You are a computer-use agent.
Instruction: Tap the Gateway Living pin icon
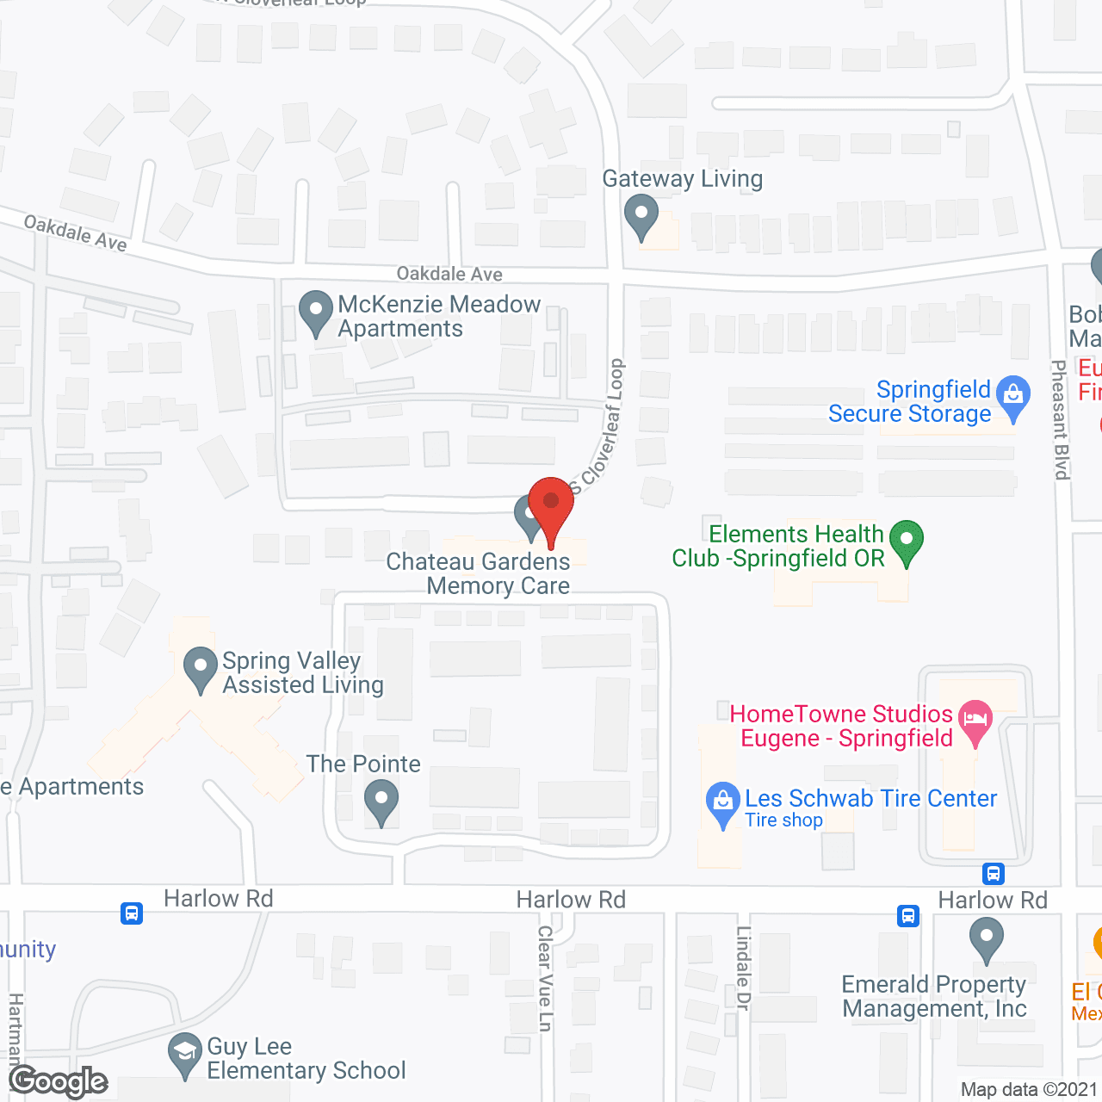coord(641,216)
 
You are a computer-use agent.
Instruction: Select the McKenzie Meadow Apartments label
coord(439,316)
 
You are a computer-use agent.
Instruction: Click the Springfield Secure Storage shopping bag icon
coord(1013,397)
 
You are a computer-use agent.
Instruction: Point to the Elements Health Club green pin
coord(906,541)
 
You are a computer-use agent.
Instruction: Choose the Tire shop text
coord(783,820)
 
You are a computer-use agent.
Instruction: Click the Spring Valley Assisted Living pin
coord(201,668)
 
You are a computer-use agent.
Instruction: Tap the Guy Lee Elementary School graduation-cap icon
coord(184,1052)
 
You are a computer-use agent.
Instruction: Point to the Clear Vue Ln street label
coord(545,978)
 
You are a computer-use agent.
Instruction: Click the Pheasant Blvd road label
coord(1061,419)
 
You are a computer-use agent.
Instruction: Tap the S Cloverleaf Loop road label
coord(600,426)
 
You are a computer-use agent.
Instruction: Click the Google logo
coord(59,1081)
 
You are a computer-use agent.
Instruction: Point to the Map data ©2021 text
coord(1029,1090)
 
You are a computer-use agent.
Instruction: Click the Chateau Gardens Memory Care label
coord(479,573)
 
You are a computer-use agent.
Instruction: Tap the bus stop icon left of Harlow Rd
coord(132,913)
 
